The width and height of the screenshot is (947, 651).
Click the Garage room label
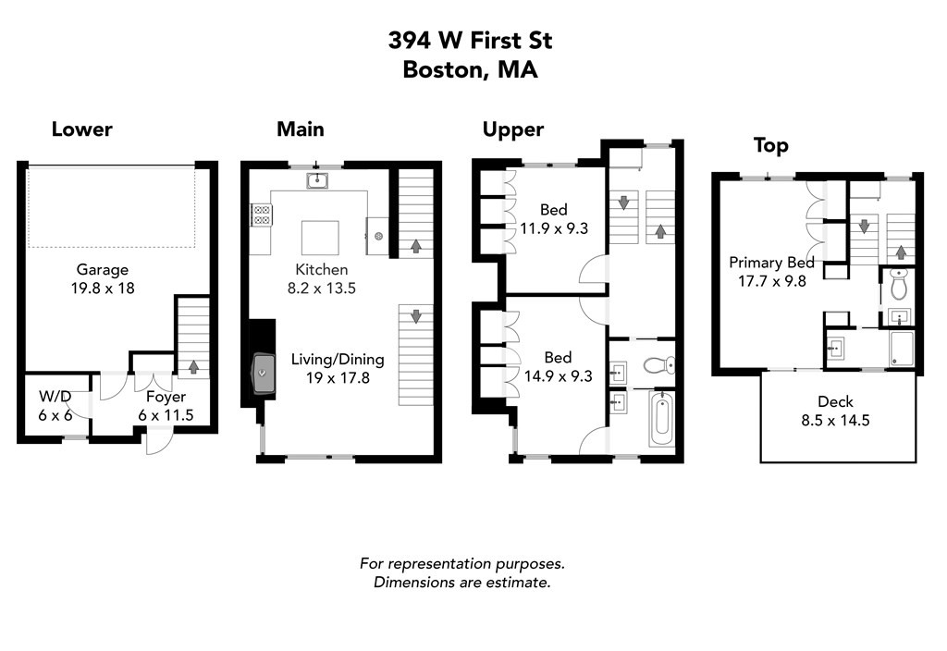(102, 270)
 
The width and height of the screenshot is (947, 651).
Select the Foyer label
(166, 398)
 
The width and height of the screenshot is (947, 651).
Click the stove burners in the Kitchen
(262, 215)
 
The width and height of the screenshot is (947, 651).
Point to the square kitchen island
(320, 238)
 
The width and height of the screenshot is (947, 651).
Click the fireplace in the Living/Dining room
(264, 373)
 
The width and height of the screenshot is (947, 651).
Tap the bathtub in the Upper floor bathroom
(660, 419)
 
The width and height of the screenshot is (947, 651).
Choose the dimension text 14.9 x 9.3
(557, 375)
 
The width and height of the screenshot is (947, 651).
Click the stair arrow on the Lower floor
(193, 367)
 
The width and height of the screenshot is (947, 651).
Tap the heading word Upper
(513, 129)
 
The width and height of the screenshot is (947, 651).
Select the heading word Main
(300, 129)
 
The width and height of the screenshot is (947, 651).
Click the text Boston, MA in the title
(470, 69)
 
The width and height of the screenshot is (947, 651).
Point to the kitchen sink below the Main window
(317, 179)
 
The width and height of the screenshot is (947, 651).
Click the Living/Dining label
(338, 359)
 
